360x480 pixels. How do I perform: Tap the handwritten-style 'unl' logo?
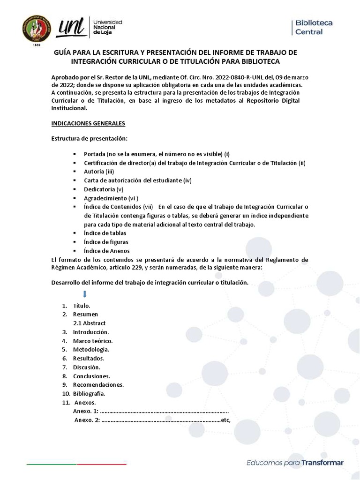pyautogui.click(x=71, y=28)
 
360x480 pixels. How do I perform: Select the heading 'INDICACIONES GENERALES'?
pyautogui.click(x=88, y=123)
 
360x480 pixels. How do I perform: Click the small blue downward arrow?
pyautogui.click(x=85, y=294)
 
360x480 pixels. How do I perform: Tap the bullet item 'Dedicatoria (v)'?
pyautogui.click(x=103, y=189)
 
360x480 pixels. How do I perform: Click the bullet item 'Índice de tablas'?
pyautogui.click(x=105, y=233)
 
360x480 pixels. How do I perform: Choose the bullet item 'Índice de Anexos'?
pyautogui.click(x=107, y=251)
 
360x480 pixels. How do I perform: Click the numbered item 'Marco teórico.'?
pyautogui.click(x=93, y=341)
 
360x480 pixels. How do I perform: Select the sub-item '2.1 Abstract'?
pyautogui.click(x=90, y=323)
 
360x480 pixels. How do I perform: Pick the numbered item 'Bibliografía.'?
pyautogui.click(x=89, y=393)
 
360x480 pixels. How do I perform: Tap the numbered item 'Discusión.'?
pyautogui.click(x=87, y=367)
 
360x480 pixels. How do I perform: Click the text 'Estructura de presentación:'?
pyautogui.click(x=89, y=139)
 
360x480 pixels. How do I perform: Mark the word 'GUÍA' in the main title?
pyautogui.click(x=64, y=52)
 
